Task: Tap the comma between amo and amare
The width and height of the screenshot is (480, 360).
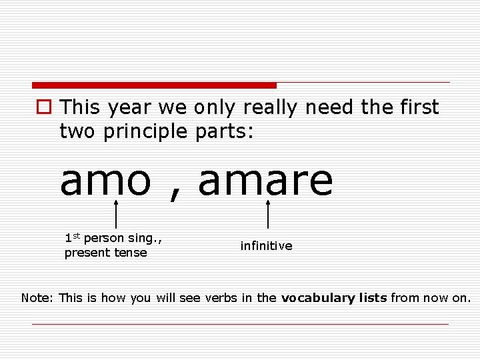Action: click(175, 192)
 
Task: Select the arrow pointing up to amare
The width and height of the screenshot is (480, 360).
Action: click(267, 212)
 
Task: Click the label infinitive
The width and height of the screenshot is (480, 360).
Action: click(266, 246)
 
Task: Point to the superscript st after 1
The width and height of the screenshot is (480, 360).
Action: click(77, 235)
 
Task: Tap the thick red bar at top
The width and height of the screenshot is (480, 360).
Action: click(154, 85)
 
